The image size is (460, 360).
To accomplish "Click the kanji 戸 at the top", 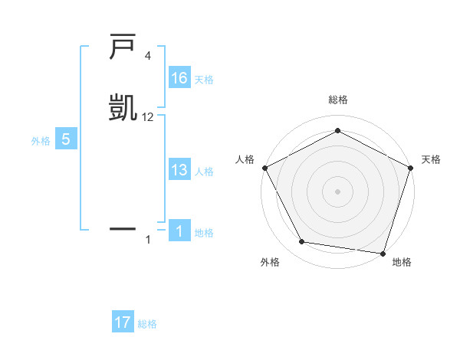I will [123, 47].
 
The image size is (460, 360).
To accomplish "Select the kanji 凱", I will [123, 107].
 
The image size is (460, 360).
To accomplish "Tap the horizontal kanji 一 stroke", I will [123, 228].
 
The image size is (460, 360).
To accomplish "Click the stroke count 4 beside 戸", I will [148, 57].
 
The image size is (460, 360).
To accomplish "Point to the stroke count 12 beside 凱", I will [148, 117].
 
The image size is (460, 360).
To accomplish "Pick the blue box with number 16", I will [179, 78].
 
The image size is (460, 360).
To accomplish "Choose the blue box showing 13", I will [179, 170].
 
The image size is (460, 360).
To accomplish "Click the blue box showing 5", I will [65, 139].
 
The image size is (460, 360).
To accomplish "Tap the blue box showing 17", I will [123, 322].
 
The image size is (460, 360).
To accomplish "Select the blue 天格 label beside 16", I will [204, 80].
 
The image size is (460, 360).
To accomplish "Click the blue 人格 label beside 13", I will [204, 172].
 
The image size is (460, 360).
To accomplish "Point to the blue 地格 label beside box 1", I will [204, 233].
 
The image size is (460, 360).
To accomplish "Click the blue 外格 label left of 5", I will [41, 141].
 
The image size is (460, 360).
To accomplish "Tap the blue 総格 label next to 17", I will [147, 324].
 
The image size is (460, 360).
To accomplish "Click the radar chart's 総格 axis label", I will [337, 100].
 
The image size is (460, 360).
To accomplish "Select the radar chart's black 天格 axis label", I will [431, 159].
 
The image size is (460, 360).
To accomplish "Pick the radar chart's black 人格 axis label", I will [245, 159].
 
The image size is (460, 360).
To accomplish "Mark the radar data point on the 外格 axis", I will [302, 242].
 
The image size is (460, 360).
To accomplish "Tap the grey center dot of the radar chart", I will [337, 191].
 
